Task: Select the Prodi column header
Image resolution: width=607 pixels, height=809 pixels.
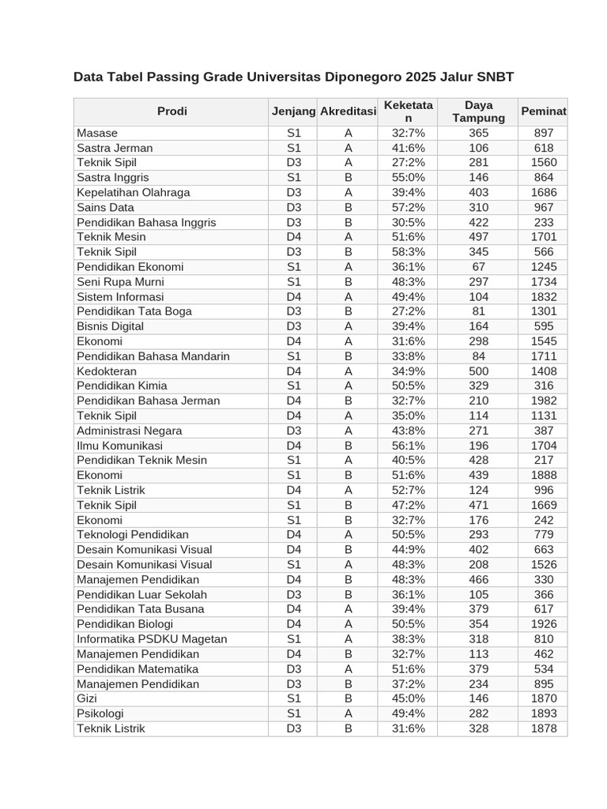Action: click(172, 111)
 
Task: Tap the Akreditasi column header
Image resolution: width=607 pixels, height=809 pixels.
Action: click(348, 111)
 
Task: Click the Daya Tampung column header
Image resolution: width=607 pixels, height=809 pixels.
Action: click(478, 111)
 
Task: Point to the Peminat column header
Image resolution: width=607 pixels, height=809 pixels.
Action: click(543, 111)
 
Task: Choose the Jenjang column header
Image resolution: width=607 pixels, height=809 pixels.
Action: click(293, 111)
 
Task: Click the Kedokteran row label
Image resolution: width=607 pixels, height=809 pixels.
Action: click(107, 371)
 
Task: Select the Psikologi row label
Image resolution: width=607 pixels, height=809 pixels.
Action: click(100, 713)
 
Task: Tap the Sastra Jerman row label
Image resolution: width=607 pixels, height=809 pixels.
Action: click(115, 148)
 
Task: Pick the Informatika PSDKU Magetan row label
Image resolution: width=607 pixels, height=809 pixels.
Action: click(152, 639)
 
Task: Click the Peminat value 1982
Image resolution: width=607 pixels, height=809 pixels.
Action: click(544, 401)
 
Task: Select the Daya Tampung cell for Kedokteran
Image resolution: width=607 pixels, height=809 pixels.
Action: click(478, 371)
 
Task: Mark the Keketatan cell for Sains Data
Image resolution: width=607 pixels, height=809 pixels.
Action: click(408, 207)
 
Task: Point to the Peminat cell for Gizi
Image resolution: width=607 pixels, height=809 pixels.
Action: click(544, 698)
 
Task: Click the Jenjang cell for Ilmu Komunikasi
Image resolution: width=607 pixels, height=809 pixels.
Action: click(294, 446)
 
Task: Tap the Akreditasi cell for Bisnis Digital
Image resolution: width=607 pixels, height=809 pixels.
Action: click(348, 326)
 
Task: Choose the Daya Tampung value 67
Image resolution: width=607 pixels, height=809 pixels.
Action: click(478, 267)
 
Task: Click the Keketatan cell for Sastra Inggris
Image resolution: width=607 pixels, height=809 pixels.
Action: click(408, 178)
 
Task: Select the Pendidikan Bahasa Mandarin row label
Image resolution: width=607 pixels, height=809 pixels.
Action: click(153, 356)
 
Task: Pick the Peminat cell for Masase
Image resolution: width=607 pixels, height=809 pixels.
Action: click(544, 133)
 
